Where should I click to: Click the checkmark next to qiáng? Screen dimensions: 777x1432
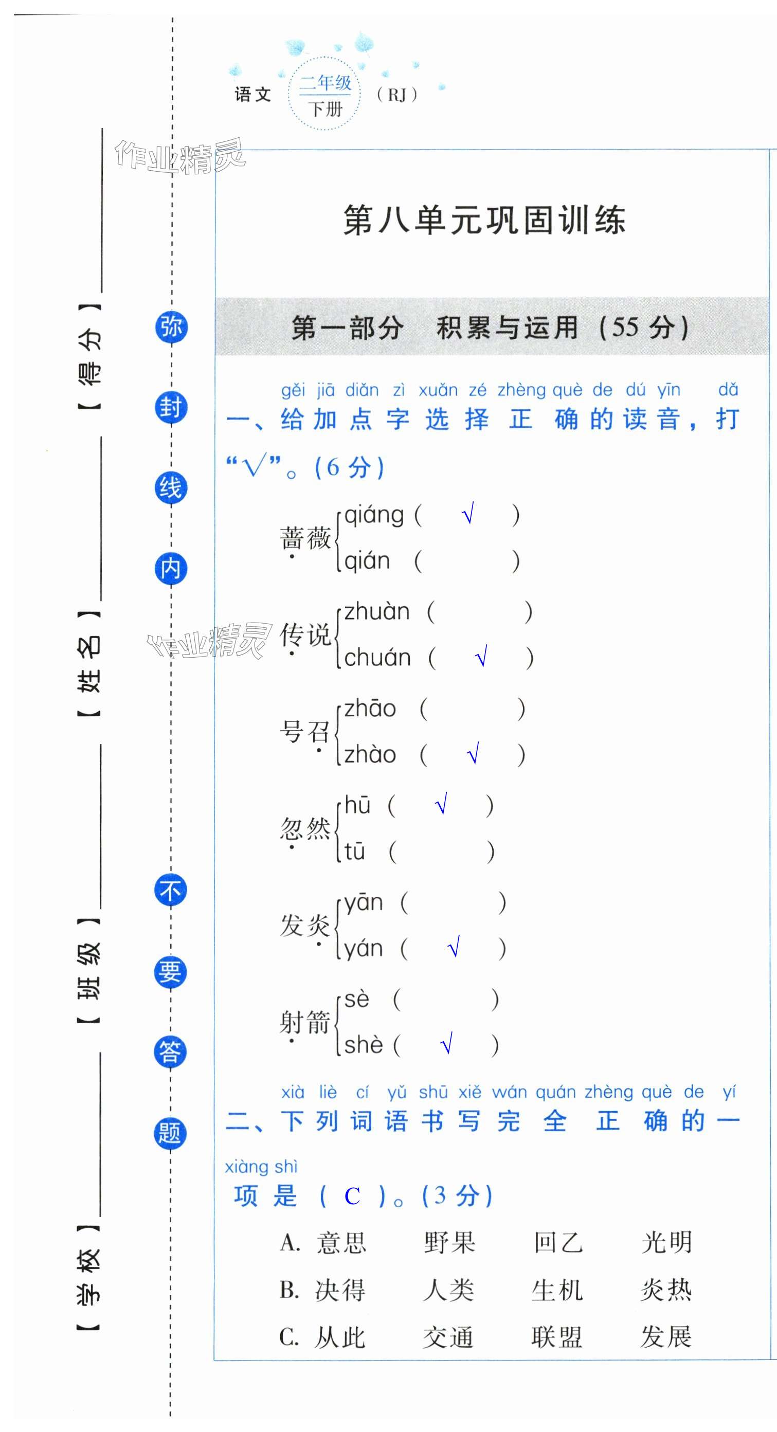pyautogui.click(x=468, y=514)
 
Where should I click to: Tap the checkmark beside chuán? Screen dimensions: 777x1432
pyautogui.click(x=481, y=657)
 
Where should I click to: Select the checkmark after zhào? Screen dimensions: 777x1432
pyautogui.click(x=473, y=754)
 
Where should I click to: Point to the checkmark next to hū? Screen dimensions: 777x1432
pyautogui.click(x=441, y=804)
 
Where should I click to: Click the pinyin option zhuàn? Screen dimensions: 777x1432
pyautogui.click(x=377, y=612)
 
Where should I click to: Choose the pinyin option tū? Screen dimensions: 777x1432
pyautogui.click(x=355, y=851)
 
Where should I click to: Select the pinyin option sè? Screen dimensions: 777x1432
pyautogui.click(x=357, y=999)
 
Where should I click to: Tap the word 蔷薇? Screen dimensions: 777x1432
pyautogui.click(x=305, y=538)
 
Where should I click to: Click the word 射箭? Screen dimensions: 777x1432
pyautogui.click(x=305, y=1022)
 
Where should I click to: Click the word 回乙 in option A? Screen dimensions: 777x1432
pyautogui.click(x=557, y=1243)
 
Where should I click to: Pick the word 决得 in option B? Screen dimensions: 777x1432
pyautogui.click(x=340, y=1290)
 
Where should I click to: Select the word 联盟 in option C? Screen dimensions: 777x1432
pyautogui.click(x=556, y=1337)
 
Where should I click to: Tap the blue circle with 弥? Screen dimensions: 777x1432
pyautogui.click(x=171, y=327)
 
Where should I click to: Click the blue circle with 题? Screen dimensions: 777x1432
pyautogui.click(x=170, y=1132)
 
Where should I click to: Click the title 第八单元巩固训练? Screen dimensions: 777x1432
pyautogui.click(x=484, y=220)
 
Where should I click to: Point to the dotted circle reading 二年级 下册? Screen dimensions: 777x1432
pyautogui.click(x=325, y=95)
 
